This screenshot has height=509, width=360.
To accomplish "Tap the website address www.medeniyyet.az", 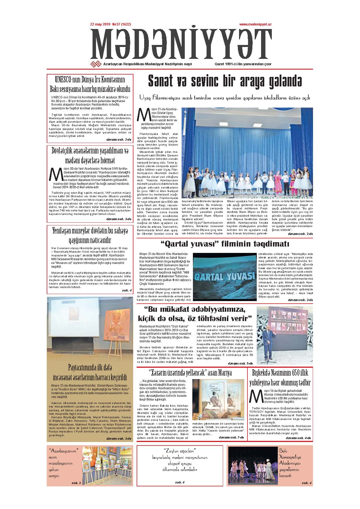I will tap(255, 25).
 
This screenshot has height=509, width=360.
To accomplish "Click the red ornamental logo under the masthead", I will tap(95, 64).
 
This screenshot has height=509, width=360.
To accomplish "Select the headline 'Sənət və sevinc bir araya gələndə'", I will tap(225, 81).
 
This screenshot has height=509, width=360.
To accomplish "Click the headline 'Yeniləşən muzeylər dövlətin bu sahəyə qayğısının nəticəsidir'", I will tap(90, 235).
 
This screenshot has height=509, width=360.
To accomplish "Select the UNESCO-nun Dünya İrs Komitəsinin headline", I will tap(90, 84).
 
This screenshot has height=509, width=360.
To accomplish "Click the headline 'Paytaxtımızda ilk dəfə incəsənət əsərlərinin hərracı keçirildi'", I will tap(90, 373).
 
